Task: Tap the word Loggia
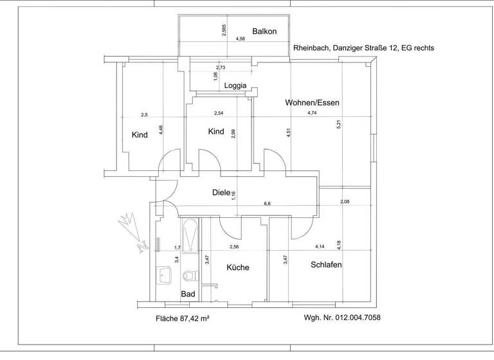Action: [236, 85]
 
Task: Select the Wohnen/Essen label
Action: [312, 103]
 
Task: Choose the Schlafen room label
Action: [325, 265]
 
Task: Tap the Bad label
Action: [188, 294]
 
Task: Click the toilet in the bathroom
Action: [189, 276]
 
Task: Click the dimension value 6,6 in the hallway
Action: [267, 204]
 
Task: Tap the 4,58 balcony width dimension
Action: [241, 39]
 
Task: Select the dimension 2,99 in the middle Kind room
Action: [233, 134]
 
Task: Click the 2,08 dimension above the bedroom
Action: [345, 202]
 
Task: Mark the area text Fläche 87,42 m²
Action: [183, 318]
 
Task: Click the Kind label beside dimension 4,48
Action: [140, 135]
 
